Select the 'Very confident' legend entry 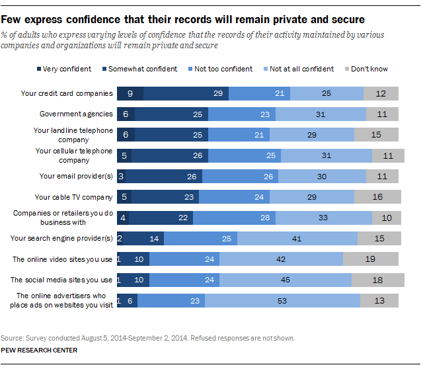tap(67, 69)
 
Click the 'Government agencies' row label tap(77, 114)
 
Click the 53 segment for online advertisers tap(282, 300)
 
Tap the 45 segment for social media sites tap(285, 280)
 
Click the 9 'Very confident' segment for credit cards tap(130, 93)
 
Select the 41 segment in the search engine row tap(297, 238)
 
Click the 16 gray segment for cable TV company tap(377, 196)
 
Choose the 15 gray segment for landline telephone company tap(376, 135)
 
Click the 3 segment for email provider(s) tap(121, 176)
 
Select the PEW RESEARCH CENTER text tap(39, 350)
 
